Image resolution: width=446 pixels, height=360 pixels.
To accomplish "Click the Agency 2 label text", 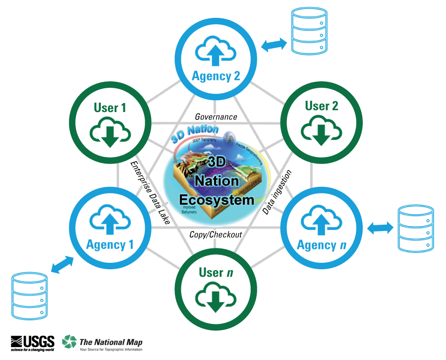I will tap(216, 76).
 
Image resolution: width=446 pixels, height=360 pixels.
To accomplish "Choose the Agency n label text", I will tap(321, 245).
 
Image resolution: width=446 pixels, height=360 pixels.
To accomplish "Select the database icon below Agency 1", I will tap(30, 296).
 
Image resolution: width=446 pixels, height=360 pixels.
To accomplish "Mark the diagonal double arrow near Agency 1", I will tap(62, 264).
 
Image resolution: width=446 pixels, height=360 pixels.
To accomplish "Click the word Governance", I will tap(216, 117).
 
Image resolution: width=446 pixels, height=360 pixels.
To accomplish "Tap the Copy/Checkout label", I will tap(216, 234).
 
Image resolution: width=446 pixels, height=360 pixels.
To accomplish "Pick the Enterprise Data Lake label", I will tap(150, 192).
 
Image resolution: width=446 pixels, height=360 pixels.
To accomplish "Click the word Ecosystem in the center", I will tap(216, 200).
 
